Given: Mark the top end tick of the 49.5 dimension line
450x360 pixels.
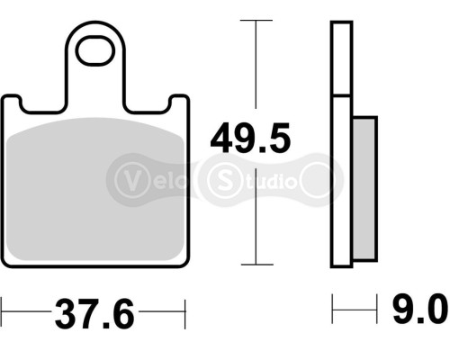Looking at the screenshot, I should click(258, 20).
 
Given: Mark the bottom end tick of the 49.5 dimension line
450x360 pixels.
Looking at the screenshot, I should click(258, 264).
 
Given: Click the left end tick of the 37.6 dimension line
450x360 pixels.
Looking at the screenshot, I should click(3, 316).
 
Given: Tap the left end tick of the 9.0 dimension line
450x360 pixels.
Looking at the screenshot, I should click(333, 312).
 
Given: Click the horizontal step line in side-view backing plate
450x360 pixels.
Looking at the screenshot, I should click(340, 96).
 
